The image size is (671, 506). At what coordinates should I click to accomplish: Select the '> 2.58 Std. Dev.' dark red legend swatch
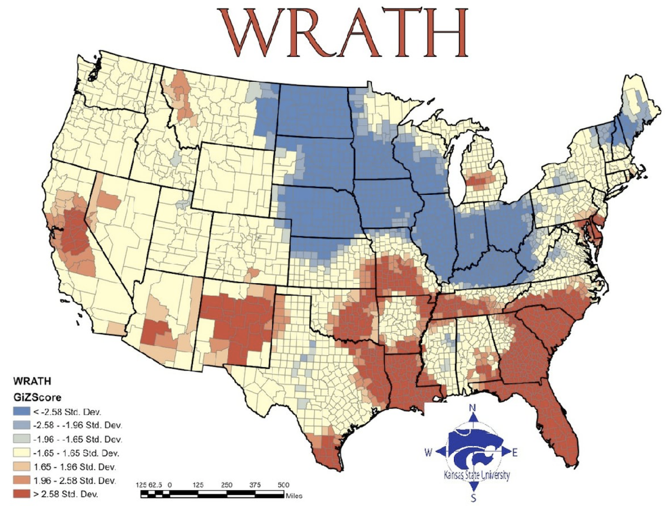click(x=21, y=494)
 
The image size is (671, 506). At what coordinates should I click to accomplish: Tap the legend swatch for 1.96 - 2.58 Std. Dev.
click(x=21, y=480)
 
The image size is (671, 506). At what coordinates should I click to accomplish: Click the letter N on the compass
click(x=472, y=407)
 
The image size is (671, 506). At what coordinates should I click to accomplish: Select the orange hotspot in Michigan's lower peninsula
click(x=479, y=180)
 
